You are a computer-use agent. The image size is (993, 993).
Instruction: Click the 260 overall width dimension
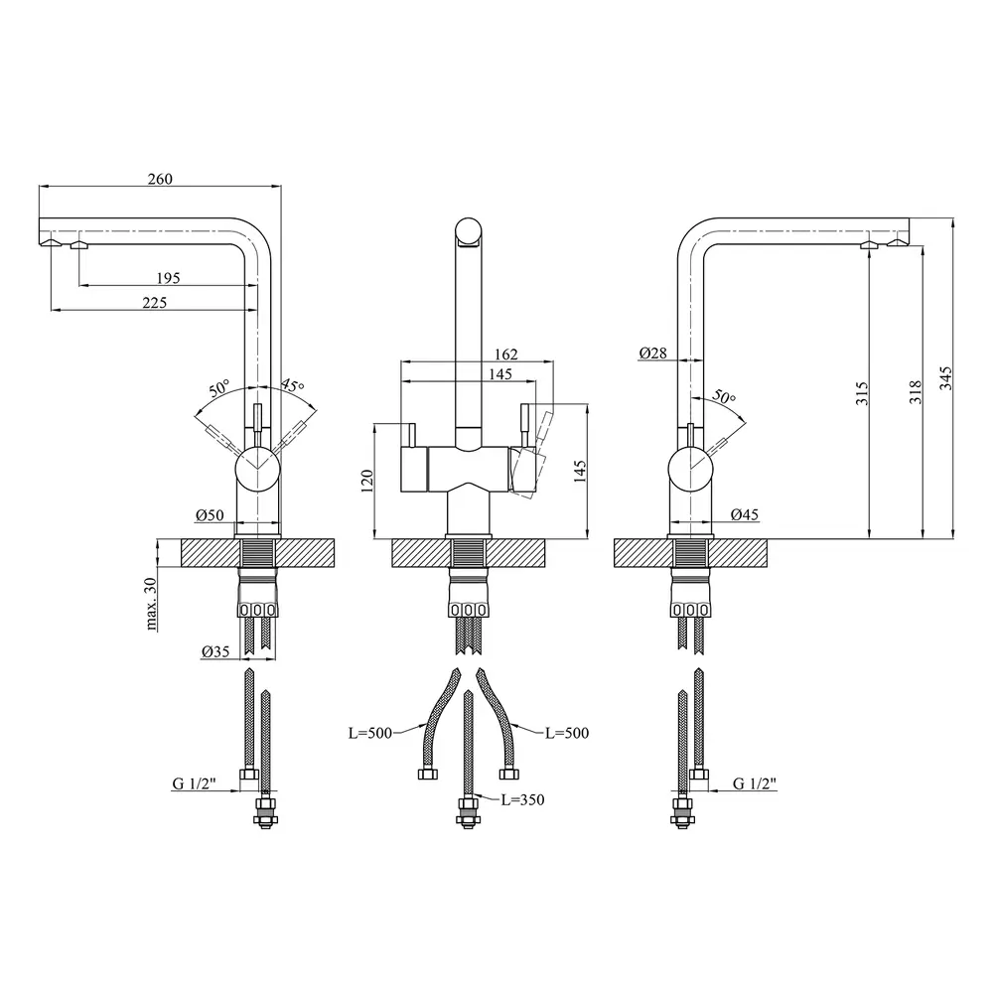tap(160, 179)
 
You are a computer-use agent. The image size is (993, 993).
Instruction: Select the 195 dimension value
tap(168, 278)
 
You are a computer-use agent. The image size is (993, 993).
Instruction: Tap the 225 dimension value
tap(155, 303)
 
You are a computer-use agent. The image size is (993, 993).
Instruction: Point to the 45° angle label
tap(293, 385)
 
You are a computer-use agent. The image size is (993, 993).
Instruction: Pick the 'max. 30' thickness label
tap(151, 604)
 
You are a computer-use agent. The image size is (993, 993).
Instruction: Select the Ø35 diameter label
tap(215, 651)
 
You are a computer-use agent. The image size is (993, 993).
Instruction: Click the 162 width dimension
tap(506, 355)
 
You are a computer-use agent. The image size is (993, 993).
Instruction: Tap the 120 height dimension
tap(366, 481)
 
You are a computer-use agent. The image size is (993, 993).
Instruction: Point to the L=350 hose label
tap(522, 799)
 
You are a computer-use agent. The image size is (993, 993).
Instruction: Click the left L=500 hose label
tap(370, 734)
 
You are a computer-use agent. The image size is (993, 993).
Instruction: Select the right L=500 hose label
tap(567, 733)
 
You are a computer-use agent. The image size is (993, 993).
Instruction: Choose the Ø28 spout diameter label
tap(653, 353)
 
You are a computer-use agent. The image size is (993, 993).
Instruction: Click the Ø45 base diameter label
tap(744, 514)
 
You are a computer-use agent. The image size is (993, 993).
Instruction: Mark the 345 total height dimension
tap(945, 378)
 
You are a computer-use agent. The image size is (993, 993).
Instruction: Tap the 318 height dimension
tap(916, 392)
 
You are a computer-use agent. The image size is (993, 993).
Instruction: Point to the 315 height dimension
tap(862, 393)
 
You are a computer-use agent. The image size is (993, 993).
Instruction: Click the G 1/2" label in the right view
tap(755, 783)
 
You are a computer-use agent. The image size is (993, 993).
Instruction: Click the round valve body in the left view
tap(257, 469)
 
